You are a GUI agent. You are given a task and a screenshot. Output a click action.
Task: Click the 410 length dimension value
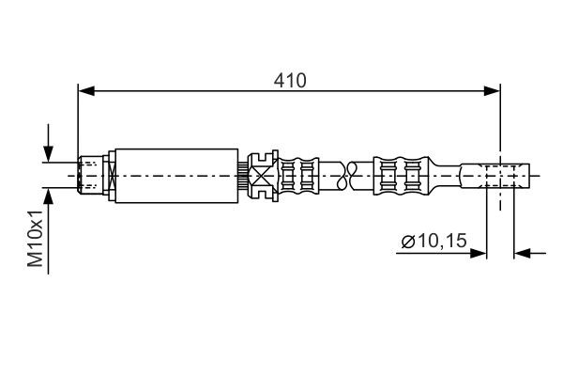click(291, 81)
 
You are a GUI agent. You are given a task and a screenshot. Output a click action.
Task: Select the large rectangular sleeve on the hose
click(175, 175)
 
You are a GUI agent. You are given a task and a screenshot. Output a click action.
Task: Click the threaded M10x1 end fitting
click(91, 175)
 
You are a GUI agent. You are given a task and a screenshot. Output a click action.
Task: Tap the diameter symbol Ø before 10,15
click(407, 243)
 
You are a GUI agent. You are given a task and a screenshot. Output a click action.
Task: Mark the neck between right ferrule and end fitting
click(446, 175)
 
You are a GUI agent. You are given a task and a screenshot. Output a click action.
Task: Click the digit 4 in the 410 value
click(280, 81)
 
